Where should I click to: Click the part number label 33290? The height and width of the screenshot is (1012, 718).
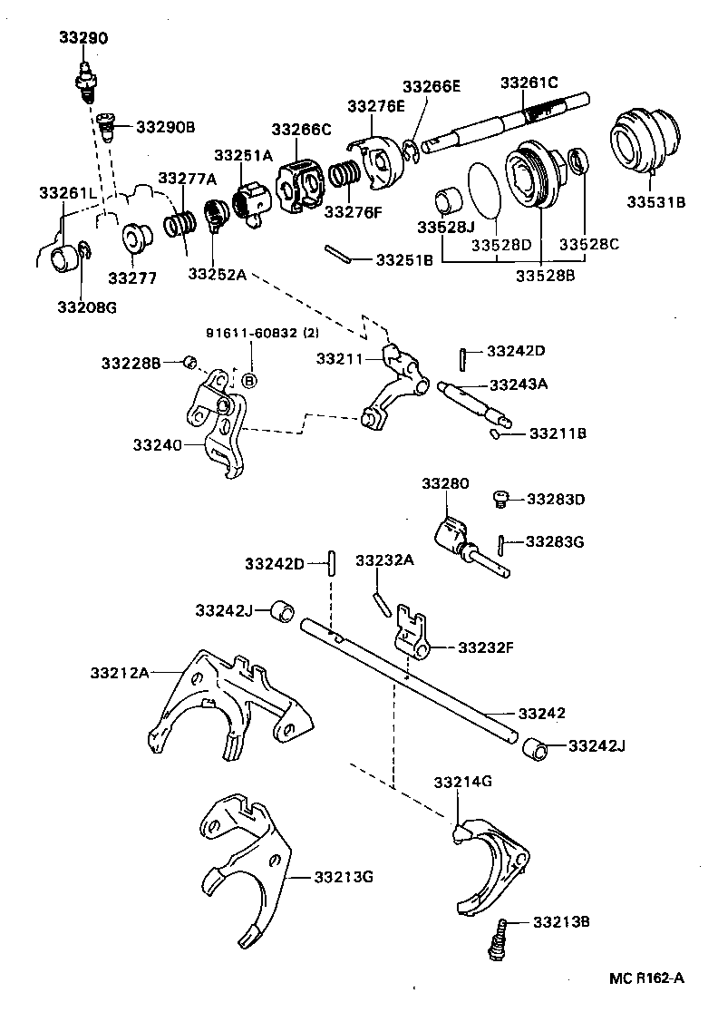83,38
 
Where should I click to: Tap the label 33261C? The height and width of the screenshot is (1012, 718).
530,83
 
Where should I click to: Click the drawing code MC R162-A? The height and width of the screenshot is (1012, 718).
646,979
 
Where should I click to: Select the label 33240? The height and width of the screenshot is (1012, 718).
159,445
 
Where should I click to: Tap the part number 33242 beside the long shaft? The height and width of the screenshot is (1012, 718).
541,714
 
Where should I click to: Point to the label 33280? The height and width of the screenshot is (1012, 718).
445,484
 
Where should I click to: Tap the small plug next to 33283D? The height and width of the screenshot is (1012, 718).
499,497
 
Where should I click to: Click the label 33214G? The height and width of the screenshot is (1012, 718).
462,781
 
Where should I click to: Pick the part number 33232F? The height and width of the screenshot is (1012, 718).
486,647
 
